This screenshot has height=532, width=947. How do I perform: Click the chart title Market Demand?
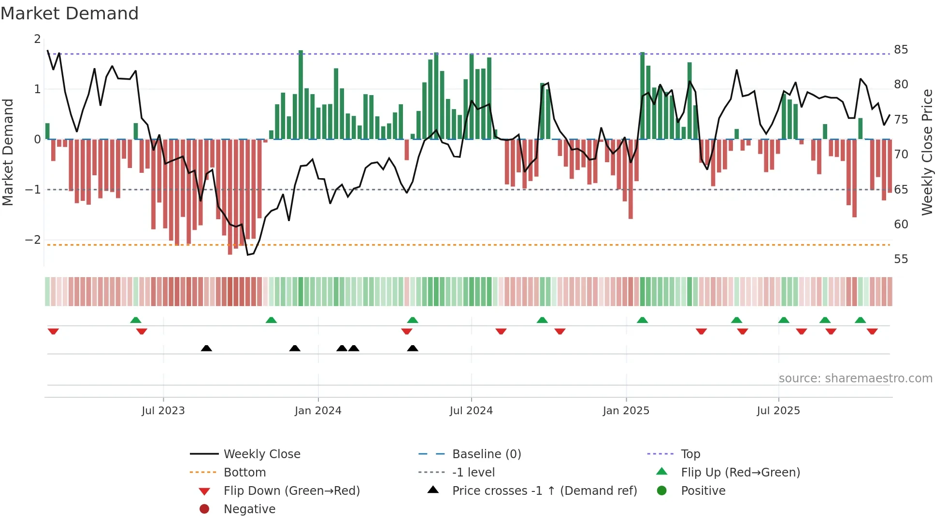(70, 14)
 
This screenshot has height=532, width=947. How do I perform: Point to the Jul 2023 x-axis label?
(163, 410)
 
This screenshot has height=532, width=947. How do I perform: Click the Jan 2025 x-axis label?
(626, 410)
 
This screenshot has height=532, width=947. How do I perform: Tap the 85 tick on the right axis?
(901, 49)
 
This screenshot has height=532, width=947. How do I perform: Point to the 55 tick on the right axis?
(901, 259)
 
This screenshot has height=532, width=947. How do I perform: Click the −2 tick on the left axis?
(33, 239)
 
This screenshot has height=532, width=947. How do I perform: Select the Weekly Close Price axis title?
(927, 152)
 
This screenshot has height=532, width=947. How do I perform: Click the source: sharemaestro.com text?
(855, 378)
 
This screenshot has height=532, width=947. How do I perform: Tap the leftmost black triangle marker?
(206, 348)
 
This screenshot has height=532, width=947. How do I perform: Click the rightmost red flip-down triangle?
(872, 331)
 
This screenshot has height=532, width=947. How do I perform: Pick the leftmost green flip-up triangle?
(136, 320)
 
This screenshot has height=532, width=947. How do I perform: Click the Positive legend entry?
(703, 490)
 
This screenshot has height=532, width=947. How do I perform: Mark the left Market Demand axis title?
(8, 152)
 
